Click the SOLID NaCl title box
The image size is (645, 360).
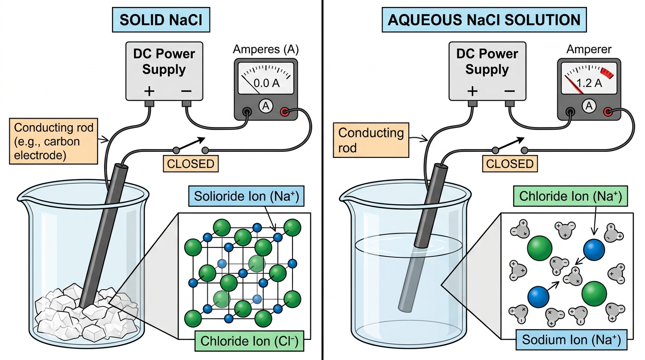point(161,20)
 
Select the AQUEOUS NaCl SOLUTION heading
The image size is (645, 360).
point(484,20)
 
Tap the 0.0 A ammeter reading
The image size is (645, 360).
point(266,83)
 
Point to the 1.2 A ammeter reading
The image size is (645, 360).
point(589,83)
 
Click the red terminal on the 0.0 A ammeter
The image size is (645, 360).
point(285,112)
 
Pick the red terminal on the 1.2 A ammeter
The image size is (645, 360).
point(608,112)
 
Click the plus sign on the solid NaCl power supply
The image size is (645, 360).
point(149,91)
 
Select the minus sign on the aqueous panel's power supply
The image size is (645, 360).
point(510,91)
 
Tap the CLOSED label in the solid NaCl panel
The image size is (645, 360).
point(191,164)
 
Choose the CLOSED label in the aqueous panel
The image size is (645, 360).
point(510,164)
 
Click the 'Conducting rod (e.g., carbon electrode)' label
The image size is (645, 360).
point(53,141)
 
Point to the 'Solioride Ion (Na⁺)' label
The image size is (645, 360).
point(246,196)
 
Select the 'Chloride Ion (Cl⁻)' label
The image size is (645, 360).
point(249,341)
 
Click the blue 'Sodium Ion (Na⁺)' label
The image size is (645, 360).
point(571,340)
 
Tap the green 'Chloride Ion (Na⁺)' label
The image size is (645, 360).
point(570,196)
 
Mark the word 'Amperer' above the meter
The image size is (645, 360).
point(589,49)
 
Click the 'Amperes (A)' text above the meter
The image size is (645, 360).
point(266,49)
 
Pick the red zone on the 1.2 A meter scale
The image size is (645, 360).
point(607,73)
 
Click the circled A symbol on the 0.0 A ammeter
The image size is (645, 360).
point(266,106)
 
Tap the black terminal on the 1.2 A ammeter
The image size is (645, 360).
point(570,112)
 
